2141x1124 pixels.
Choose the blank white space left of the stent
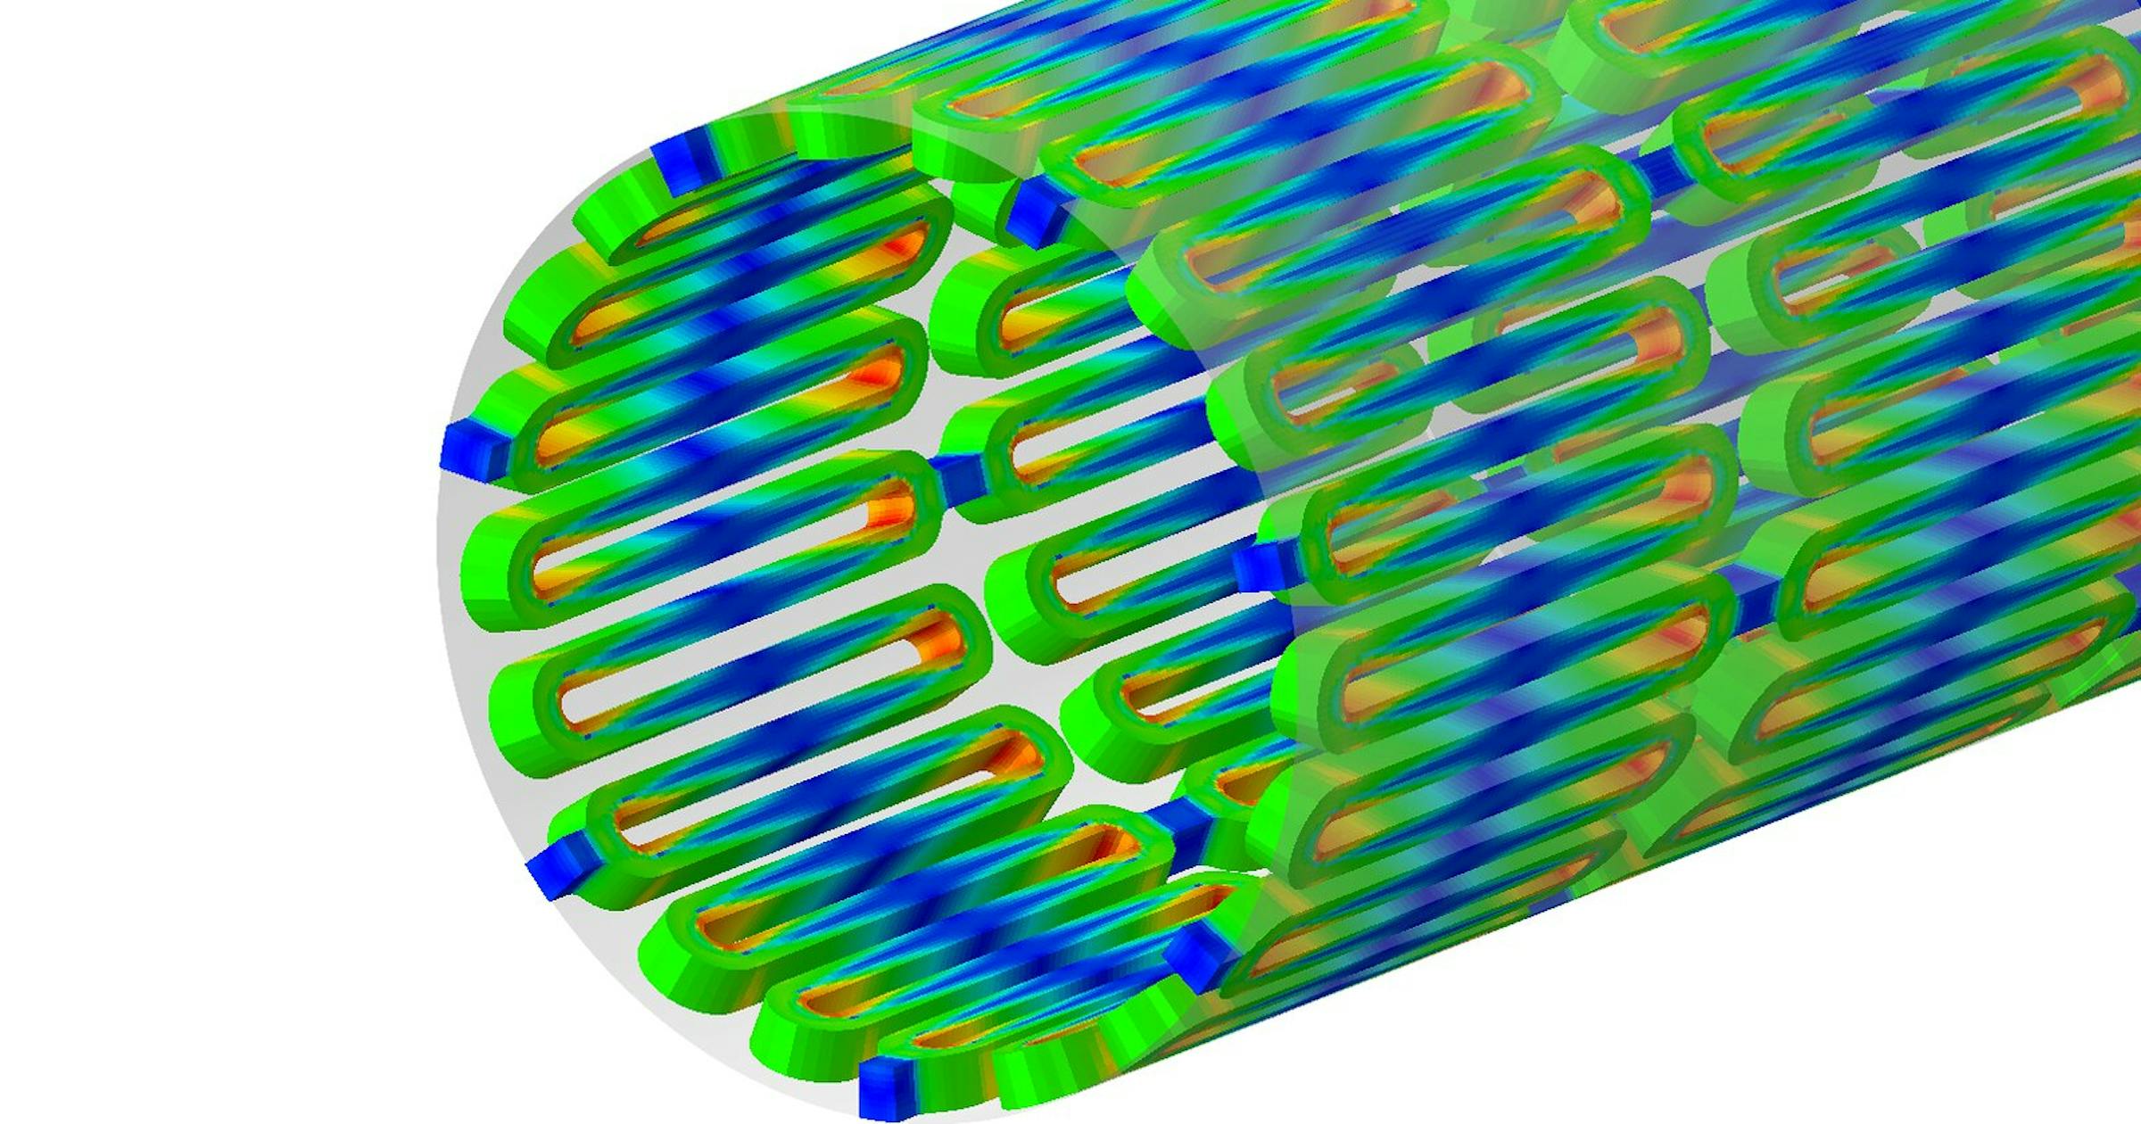coord(223,535)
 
